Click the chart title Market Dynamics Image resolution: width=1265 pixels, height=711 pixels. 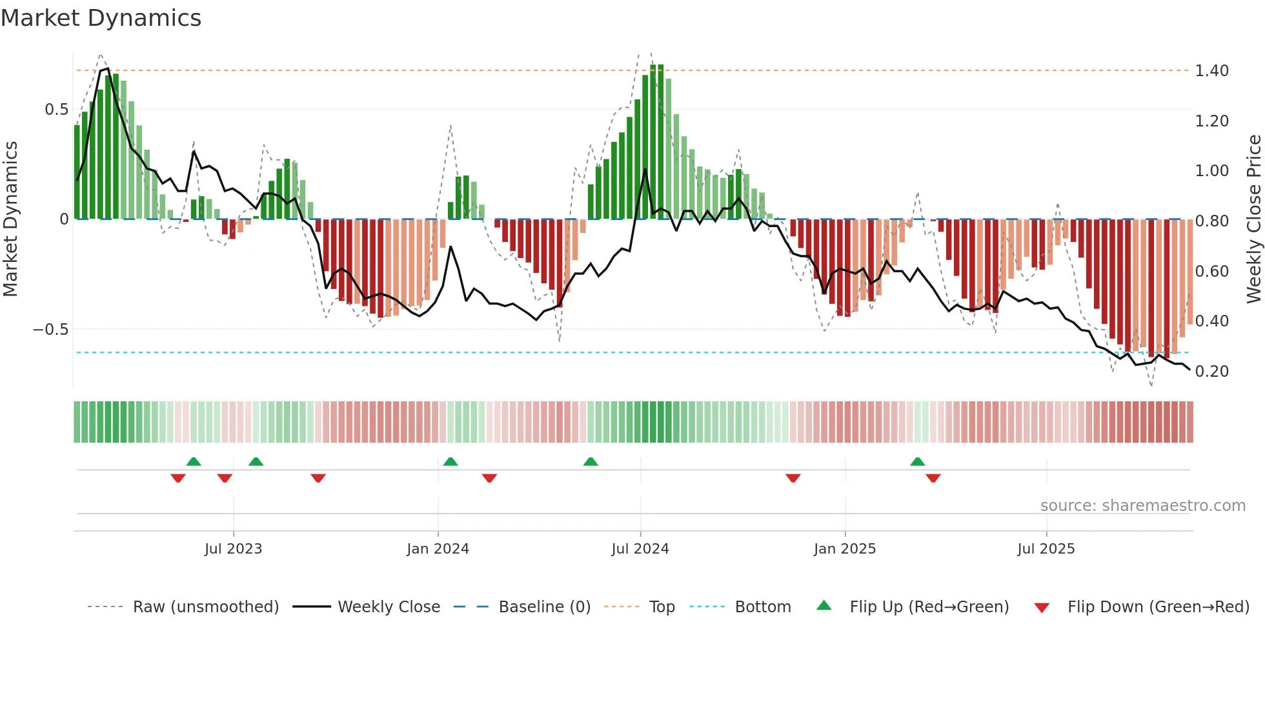101,18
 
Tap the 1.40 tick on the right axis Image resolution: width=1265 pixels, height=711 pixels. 1211,70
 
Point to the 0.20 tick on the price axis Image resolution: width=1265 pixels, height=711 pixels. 1211,371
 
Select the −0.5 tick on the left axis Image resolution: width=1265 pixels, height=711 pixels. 50,330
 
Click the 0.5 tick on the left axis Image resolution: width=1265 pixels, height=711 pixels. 57,110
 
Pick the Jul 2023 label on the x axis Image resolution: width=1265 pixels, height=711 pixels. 233,549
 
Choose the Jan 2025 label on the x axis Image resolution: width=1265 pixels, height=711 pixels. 845,549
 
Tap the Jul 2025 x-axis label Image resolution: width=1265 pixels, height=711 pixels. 1046,549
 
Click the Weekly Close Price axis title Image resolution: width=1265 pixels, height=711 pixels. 1253,218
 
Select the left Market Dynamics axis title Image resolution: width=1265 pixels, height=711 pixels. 10,218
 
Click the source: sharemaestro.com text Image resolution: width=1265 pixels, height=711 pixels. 1142,506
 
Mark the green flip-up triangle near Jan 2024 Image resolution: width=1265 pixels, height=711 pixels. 450,462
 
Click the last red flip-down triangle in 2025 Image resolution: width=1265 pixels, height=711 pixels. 933,478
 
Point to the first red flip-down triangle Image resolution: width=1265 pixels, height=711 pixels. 178,478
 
